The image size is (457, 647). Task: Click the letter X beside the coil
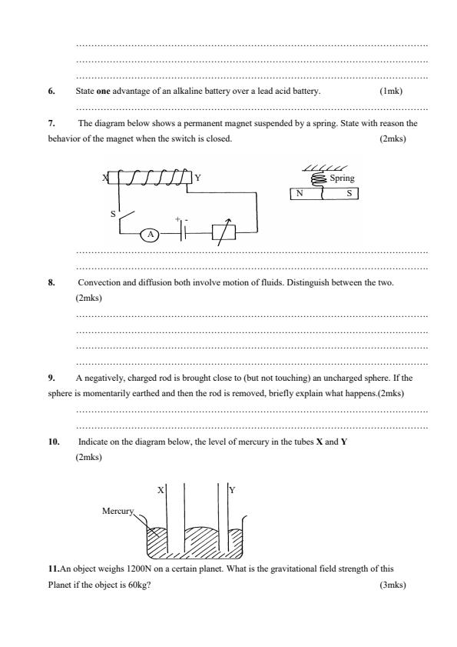104,178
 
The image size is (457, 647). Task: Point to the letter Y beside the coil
197,178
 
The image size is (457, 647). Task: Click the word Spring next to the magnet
341,178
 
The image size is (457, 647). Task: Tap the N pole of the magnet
301,194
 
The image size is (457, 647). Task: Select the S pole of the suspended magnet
349,194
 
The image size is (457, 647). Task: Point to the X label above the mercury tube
160,489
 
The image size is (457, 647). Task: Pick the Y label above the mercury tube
232,489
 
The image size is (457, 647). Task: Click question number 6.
51,91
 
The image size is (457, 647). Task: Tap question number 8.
51,283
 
